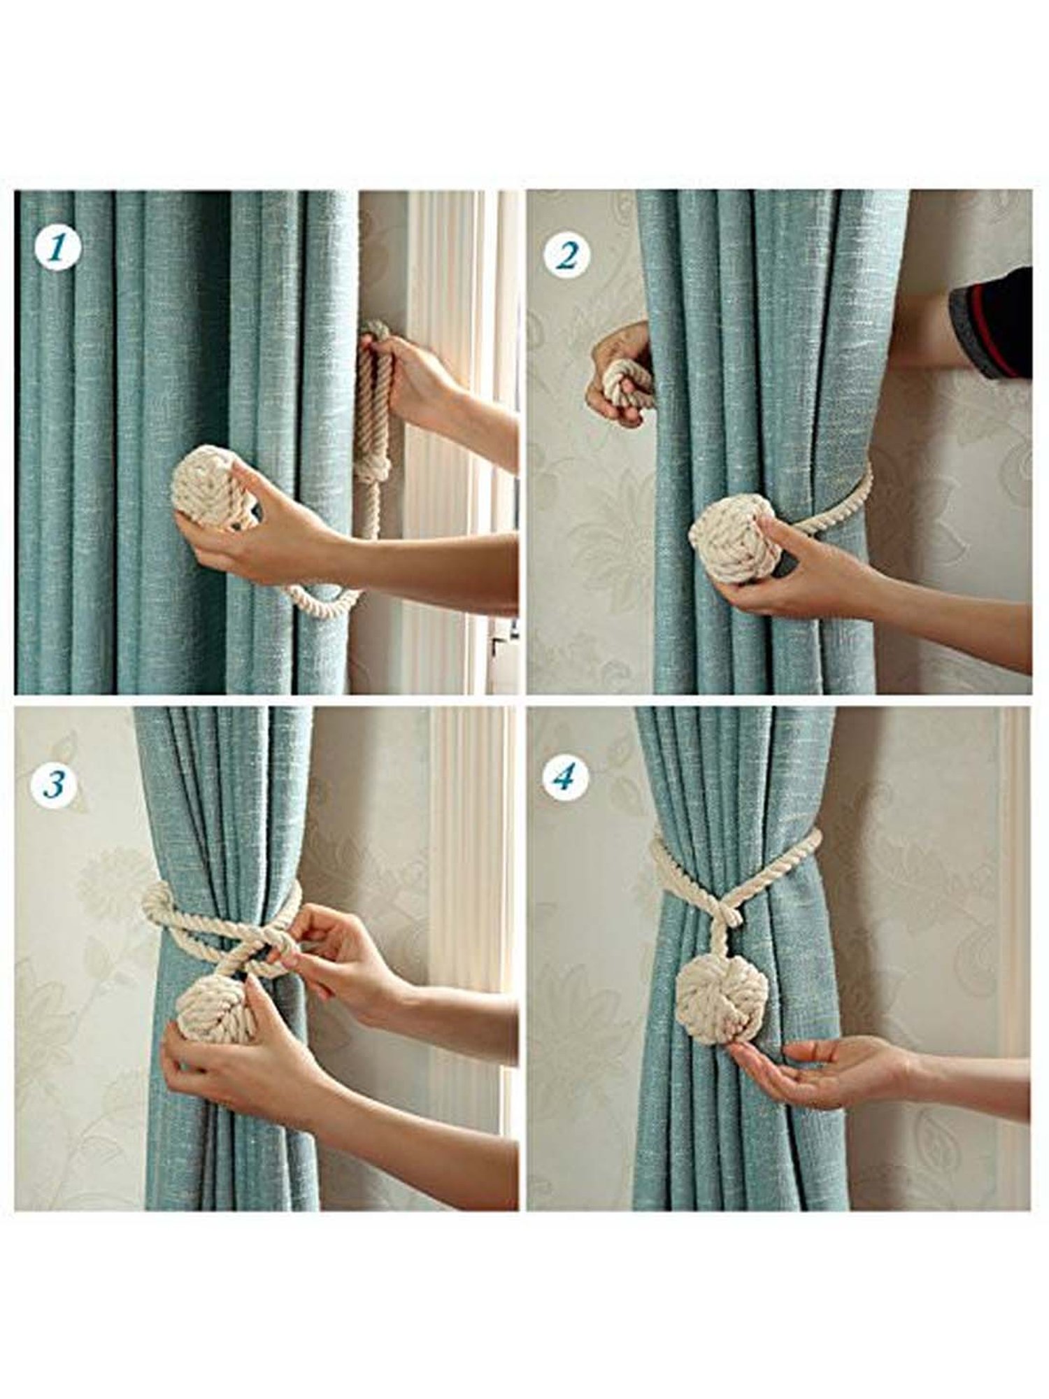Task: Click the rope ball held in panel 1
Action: coord(208,488)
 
